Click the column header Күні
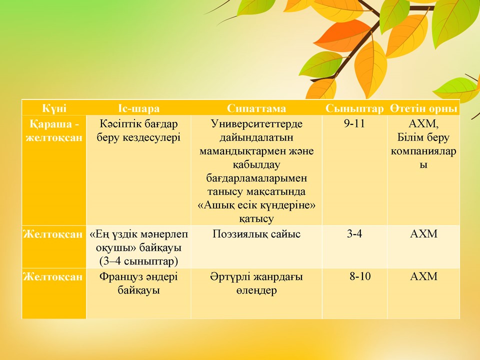click(x=54, y=108)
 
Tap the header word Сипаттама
click(x=256, y=108)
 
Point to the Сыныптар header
click(x=354, y=108)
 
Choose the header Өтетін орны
click(x=423, y=108)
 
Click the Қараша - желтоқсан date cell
click(x=54, y=130)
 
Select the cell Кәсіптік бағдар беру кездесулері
click(x=138, y=130)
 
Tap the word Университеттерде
click(x=256, y=123)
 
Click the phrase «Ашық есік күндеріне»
click(x=256, y=205)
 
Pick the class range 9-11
click(x=354, y=123)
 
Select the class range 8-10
click(x=360, y=277)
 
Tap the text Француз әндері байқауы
click(x=138, y=283)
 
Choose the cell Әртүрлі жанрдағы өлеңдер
click(x=256, y=283)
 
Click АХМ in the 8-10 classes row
click(x=423, y=277)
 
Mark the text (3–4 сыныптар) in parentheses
click(x=138, y=261)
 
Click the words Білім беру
click(x=423, y=137)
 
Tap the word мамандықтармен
click(x=256, y=151)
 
